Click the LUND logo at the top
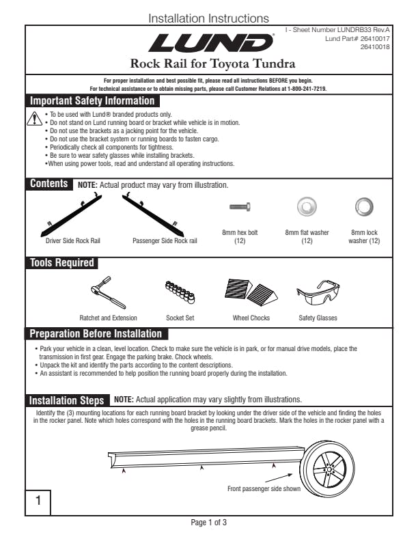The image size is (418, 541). [x=208, y=43]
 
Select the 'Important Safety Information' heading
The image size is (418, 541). [x=92, y=101]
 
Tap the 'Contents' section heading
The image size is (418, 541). [x=48, y=184]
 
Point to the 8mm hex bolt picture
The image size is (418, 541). [x=240, y=206]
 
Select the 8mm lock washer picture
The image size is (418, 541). [x=364, y=206]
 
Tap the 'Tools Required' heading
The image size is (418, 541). [x=61, y=263]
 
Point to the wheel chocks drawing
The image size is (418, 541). [x=250, y=292]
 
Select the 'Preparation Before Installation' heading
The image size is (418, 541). [x=96, y=334]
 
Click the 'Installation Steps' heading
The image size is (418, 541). [x=67, y=400]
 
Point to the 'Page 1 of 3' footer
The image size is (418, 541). [x=209, y=523]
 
